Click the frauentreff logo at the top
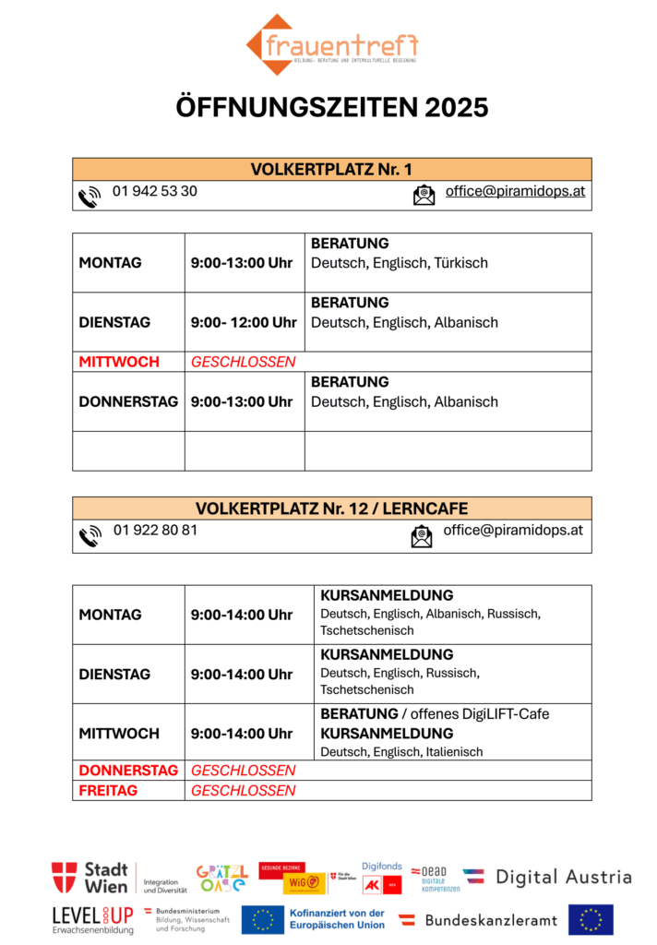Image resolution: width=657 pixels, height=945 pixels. [x=331, y=44]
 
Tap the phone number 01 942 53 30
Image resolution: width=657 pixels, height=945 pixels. [x=154, y=191]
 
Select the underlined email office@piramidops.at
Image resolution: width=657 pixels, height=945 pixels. [x=515, y=191]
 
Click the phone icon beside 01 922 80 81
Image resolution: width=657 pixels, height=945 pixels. [x=90, y=536]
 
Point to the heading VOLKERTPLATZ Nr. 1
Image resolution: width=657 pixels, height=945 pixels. [x=331, y=169]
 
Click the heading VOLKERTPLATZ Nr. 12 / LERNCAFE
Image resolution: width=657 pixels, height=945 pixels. [x=331, y=508]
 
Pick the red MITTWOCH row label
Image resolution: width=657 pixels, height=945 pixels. [x=119, y=362]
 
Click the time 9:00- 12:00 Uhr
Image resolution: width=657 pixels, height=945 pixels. [x=244, y=322]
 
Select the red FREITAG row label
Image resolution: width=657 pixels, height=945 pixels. [x=108, y=790]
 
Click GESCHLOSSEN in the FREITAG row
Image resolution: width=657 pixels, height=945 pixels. [x=243, y=790]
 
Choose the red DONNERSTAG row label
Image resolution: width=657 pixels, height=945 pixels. [x=128, y=770]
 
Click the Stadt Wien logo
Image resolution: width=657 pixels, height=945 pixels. [x=90, y=877]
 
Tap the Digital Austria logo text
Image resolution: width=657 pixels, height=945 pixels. [x=563, y=877]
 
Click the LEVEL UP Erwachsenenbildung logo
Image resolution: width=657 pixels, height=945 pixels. [x=92, y=919]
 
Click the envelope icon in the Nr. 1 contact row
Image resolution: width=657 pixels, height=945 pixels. [x=424, y=195]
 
